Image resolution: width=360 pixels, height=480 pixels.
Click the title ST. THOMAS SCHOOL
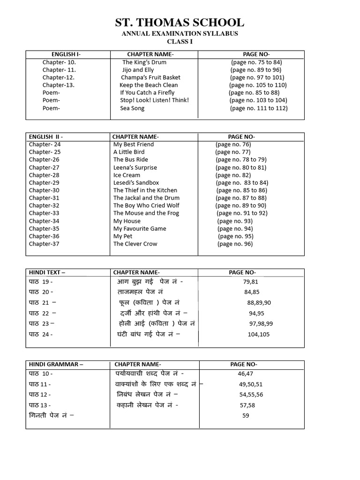(180, 22)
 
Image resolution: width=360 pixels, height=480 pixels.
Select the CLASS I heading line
(180, 42)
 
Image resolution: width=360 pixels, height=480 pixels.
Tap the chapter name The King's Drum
(144, 62)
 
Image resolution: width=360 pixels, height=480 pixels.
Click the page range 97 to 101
(257, 77)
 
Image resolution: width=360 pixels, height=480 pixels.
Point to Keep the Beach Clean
(149, 85)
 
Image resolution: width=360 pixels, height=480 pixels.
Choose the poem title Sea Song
(132, 108)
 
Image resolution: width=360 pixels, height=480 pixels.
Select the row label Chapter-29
(44, 183)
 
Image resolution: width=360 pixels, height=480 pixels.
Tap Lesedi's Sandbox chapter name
(136, 183)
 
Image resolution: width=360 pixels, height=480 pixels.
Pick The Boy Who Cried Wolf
(146, 206)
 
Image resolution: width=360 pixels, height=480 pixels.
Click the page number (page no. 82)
(233, 175)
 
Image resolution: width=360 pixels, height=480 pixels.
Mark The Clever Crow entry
(135, 244)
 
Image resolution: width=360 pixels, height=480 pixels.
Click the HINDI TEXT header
(47, 272)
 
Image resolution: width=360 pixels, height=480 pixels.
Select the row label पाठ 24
(41, 335)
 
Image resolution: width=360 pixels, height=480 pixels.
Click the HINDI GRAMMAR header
(56, 364)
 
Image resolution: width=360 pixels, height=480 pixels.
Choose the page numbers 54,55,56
(251, 395)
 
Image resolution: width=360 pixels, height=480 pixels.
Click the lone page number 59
(246, 416)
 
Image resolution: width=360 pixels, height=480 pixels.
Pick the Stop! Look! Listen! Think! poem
(154, 100)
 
